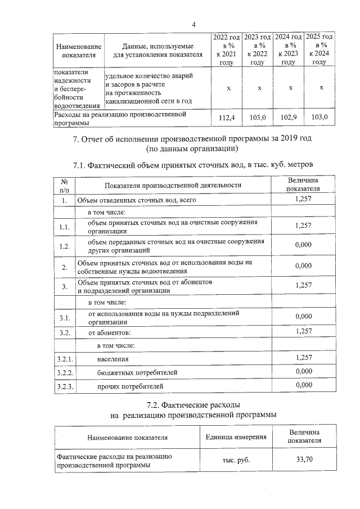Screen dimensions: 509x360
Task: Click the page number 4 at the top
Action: point(193,24)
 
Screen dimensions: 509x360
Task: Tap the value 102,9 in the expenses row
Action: point(289,117)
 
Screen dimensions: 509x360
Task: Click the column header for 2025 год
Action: point(319,49)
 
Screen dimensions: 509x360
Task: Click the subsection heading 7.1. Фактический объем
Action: point(192,164)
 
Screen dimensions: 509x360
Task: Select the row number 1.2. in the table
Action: point(65,246)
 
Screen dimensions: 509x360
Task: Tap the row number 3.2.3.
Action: point(66,386)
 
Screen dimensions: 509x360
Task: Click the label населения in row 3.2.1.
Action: point(112,358)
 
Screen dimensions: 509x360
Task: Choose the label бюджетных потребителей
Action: point(137,372)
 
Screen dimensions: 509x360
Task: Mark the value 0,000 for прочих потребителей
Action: point(303,385)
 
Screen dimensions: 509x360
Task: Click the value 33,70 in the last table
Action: point(304,460)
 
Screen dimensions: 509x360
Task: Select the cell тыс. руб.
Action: point(236,460)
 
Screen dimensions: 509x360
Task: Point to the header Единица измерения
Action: point(236,436)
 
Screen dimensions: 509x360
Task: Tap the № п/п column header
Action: point(65,186)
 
